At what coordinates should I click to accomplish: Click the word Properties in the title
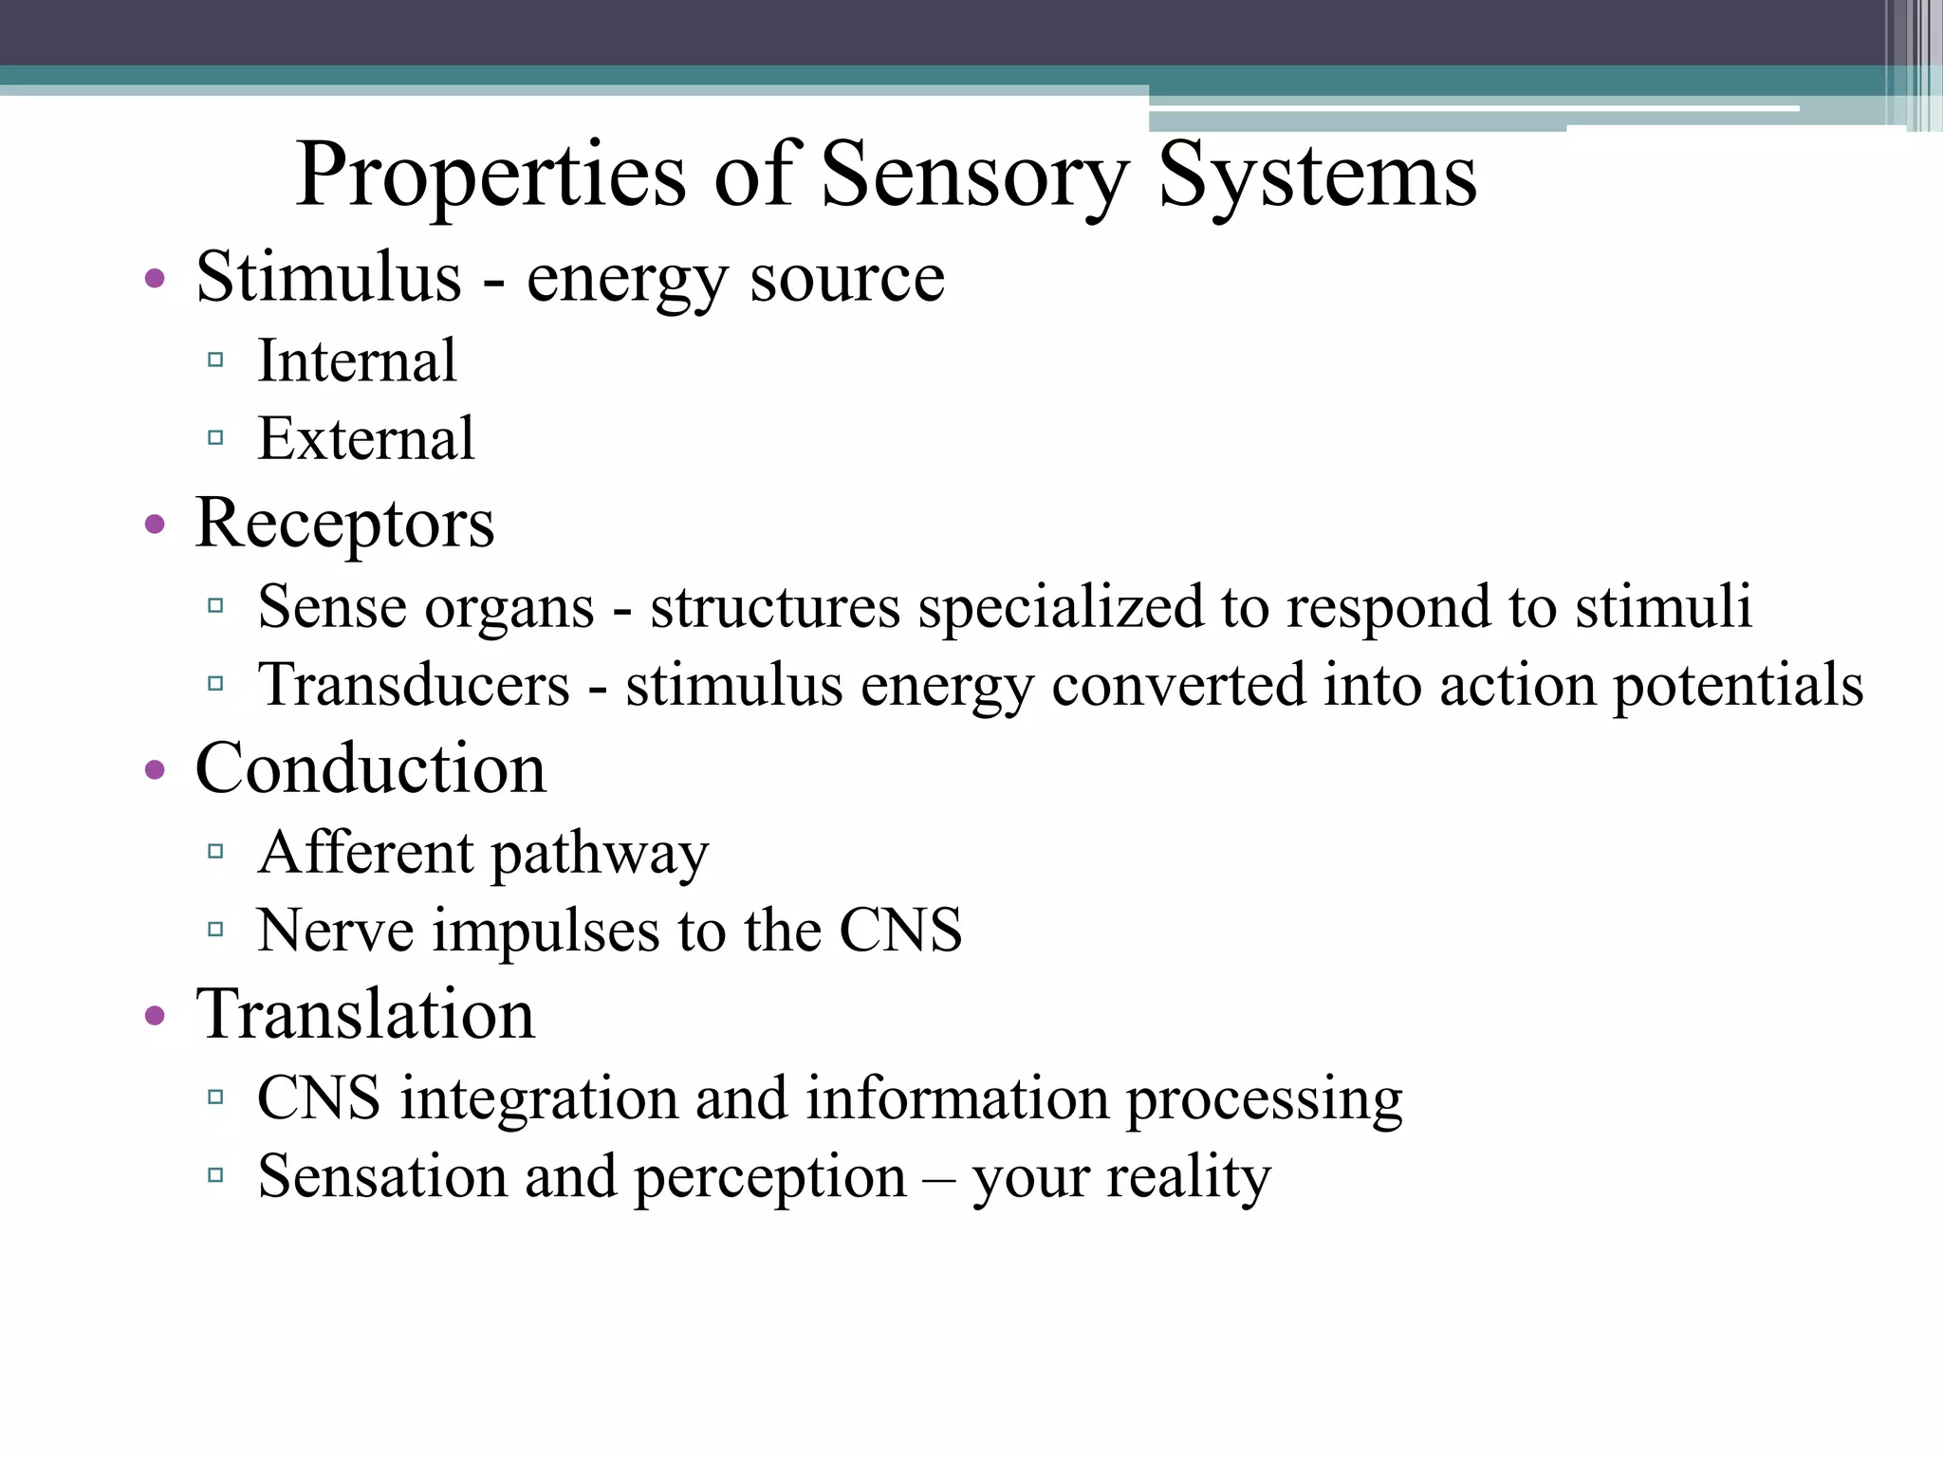[490, 176]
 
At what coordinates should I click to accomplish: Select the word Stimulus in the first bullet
[328, 277]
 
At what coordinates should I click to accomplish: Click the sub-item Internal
[357, 361]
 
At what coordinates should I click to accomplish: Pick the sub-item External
[365, 439]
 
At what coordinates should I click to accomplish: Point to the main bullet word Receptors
[344, 525]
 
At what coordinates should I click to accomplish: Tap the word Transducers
[414, 686]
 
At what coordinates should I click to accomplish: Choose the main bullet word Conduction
[371, 769]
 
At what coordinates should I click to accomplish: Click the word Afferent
[365, 853]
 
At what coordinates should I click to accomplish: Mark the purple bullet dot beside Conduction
[156, 771]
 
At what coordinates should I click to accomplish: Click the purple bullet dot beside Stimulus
[156, 280]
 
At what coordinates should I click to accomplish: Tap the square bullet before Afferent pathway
[215, 851]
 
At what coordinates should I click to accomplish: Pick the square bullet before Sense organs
[215, 605]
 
